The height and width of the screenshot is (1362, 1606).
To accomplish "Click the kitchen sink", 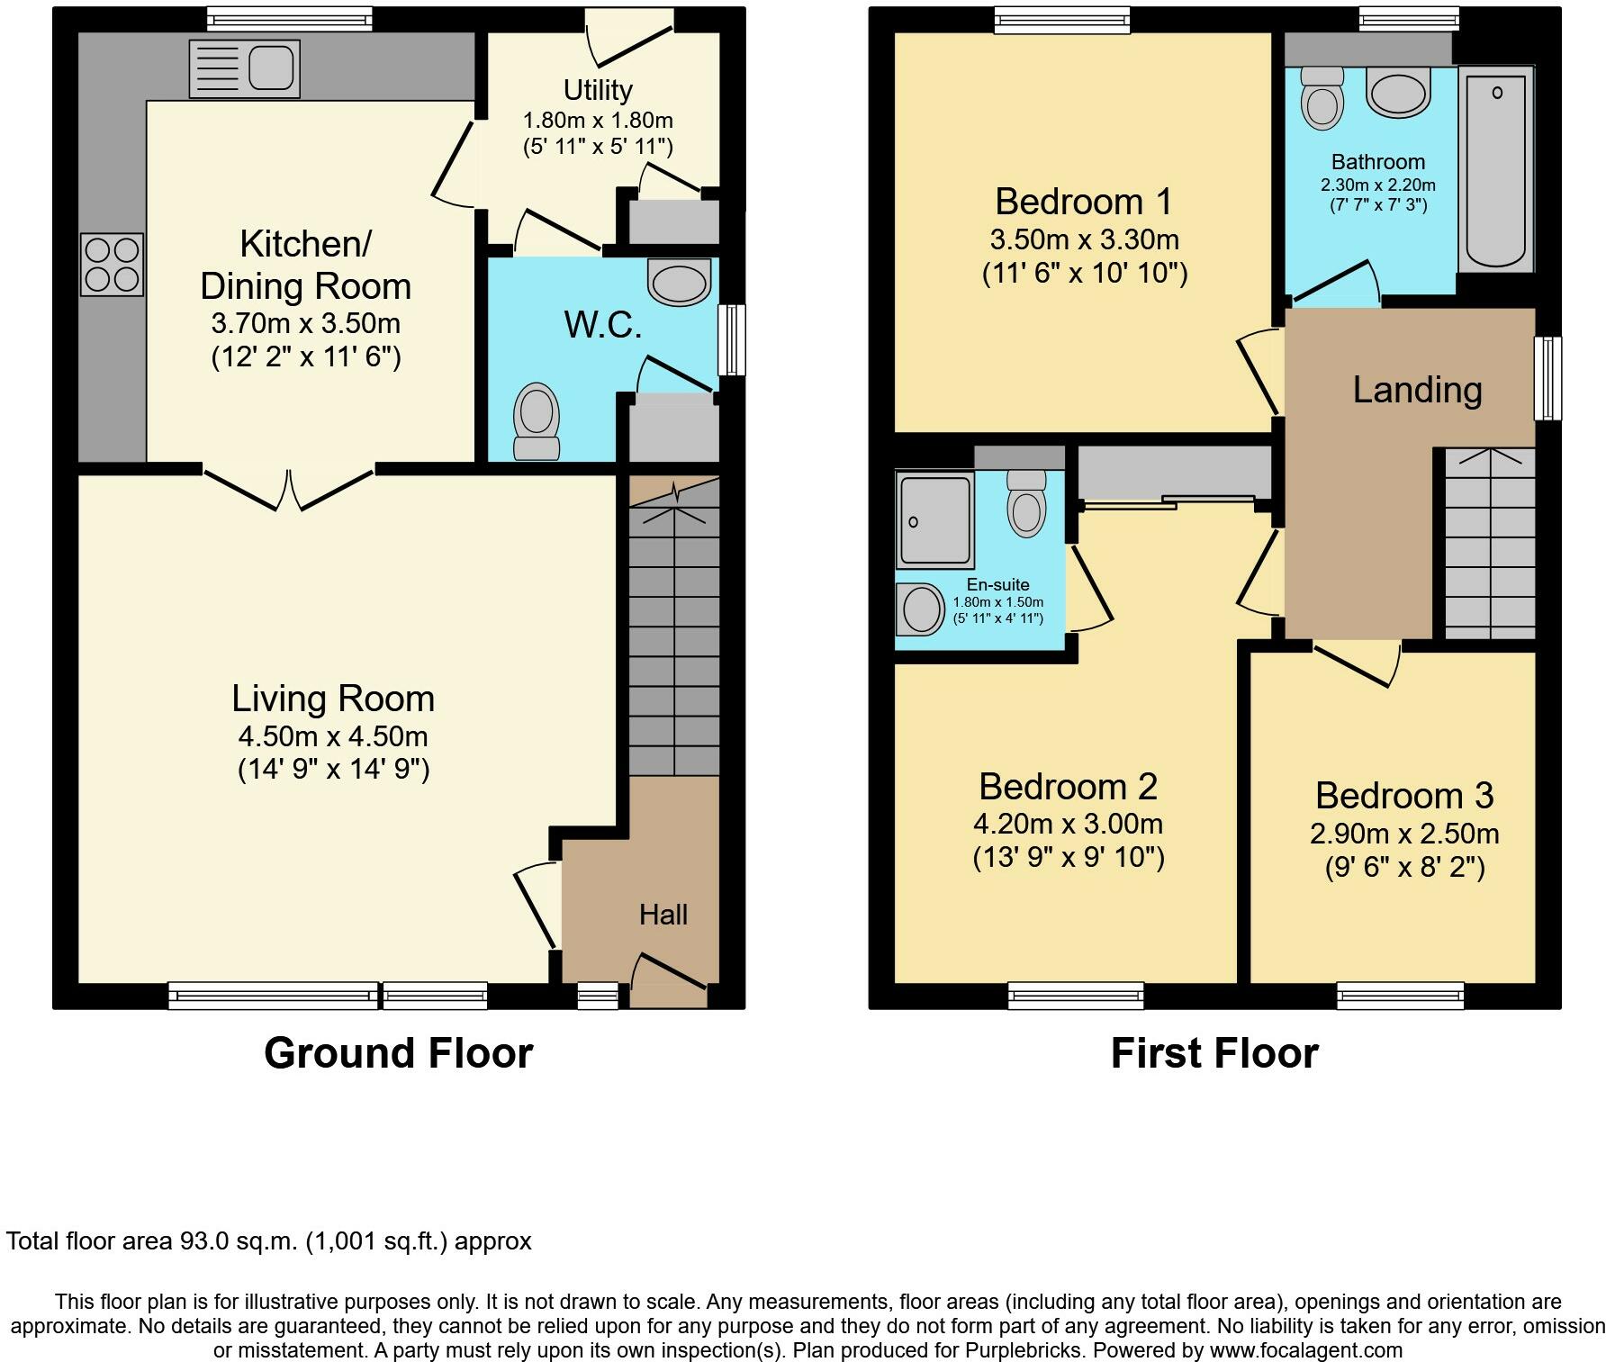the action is [244, 68].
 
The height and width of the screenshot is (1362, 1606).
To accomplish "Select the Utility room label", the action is [598, 90].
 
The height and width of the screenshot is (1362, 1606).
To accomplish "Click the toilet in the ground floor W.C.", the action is [537, 422].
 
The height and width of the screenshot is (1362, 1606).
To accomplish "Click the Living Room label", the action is [333, 699].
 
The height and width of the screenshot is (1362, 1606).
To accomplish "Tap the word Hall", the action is [663, 915].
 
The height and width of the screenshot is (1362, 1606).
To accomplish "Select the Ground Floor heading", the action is [399, 1052].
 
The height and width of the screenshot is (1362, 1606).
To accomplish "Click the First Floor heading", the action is [1214, 1052].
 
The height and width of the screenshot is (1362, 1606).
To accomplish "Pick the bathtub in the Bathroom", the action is [1495, 169].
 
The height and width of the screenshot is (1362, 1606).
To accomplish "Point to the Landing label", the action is [1418, 389].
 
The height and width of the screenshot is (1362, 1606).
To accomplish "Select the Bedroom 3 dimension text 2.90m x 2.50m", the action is [1404, 834].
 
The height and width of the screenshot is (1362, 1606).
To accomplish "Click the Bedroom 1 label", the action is [1084, 201].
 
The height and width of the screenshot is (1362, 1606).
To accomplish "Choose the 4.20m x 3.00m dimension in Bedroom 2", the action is [1068, 824].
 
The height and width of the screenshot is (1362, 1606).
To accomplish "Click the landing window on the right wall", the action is [1547, 378].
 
